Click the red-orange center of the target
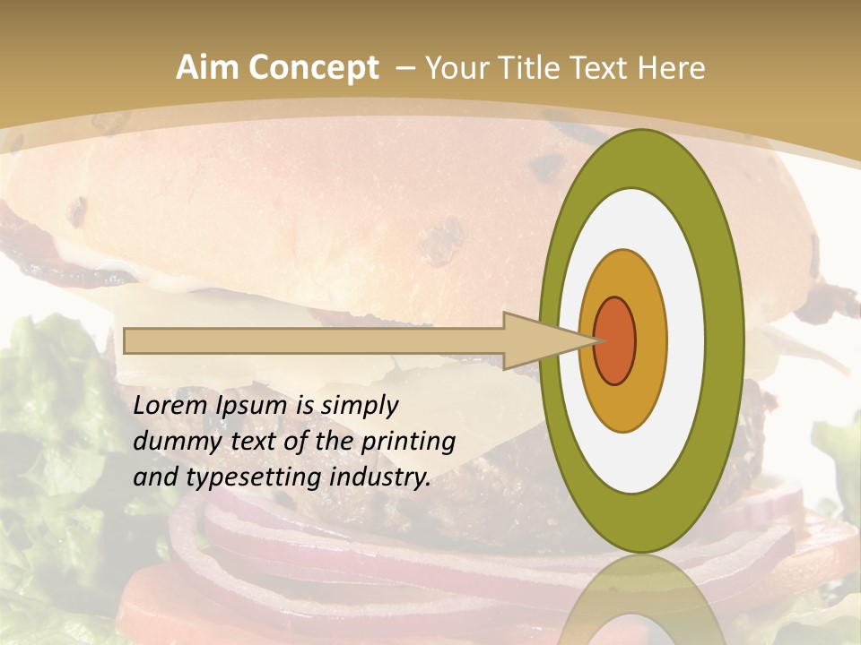click(x=615, y=340)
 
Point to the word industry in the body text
click(x=380, y=478)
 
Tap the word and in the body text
click(x=154, y=477)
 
